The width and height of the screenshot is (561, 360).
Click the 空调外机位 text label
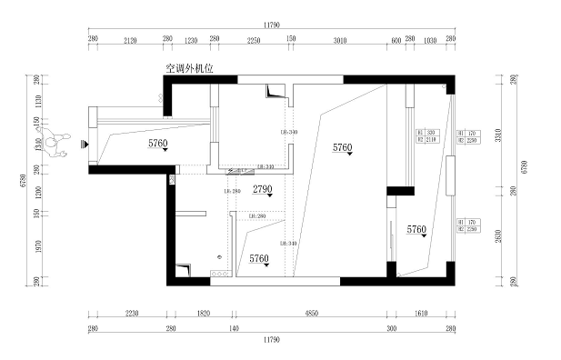coord(188,67)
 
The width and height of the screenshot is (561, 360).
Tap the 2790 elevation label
coord(262,189)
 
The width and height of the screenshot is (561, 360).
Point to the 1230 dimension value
coord(191,40)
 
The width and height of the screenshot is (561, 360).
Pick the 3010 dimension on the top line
coord(340,40)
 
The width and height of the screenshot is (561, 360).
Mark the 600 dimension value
coord(396,40)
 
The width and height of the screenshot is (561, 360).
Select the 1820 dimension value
coord(204,313)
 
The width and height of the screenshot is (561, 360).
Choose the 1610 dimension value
coord(421,313)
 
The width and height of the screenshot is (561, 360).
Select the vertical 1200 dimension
coord(36,192)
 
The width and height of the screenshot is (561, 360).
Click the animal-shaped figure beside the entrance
coord(58,143)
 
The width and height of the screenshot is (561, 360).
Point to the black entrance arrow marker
coord(83,143)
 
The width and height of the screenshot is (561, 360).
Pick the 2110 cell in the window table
coord(432,140)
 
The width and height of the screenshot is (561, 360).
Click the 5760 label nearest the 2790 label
coord(259,259)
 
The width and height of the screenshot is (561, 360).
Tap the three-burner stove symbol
coord(218,272)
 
